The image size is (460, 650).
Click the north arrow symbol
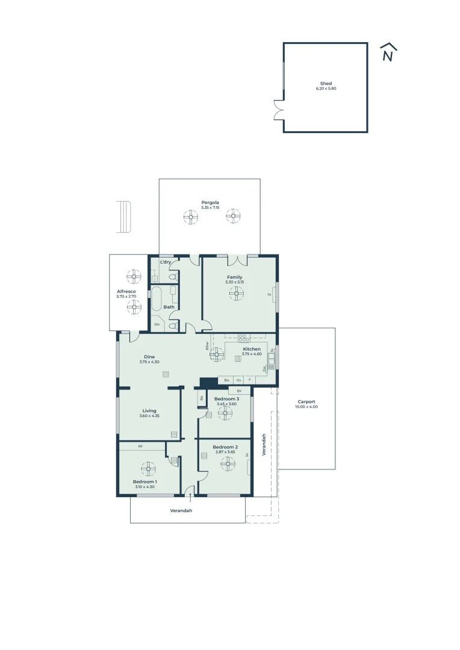click(388, 53)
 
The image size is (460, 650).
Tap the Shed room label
click(326, 84)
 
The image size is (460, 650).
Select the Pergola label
click(210, 202)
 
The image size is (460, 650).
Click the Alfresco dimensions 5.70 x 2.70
click(127, 297)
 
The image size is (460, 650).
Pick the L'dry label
click(166, 263)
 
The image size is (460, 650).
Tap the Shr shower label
click(157, 324)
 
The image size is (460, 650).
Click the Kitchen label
click(252, 349)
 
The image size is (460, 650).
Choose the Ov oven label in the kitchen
click(239, 380)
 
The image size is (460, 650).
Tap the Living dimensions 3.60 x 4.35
click(149, 416)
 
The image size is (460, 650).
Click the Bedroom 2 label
click(225, 447)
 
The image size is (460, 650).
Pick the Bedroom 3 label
click(226, 399)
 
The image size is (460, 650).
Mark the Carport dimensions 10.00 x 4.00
click(306, 407)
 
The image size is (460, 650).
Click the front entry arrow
click(190, 497)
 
